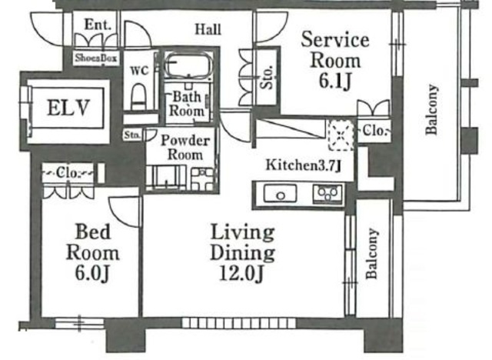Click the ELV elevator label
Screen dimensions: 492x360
pos(68,108)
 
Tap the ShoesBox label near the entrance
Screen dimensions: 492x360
pos(96,58)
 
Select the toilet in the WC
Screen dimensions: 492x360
pos(138,96)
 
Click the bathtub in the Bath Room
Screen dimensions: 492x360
pos(188,66)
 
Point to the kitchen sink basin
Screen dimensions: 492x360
pos(280,194)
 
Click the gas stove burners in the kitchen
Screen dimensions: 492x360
pos(328,194)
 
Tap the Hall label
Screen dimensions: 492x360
pos(208,29)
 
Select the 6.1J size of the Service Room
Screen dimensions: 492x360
pos(334,82)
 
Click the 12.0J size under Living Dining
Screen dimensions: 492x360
pos(241,273)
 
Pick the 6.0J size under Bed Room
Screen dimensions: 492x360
pos(92,273)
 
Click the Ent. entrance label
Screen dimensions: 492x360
pos(98,25)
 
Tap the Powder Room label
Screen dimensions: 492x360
pos(185,147)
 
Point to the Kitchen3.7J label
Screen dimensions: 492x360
pos(304,165)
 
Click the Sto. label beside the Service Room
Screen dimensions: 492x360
pos(268,78)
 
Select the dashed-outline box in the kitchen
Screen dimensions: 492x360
pos(341,135)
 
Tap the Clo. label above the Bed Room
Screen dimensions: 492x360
pos(68,173)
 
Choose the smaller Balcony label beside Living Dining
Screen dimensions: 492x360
pos(372,254)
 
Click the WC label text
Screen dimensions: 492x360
pos(139,71)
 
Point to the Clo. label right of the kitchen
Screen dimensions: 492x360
pos(374,131)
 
